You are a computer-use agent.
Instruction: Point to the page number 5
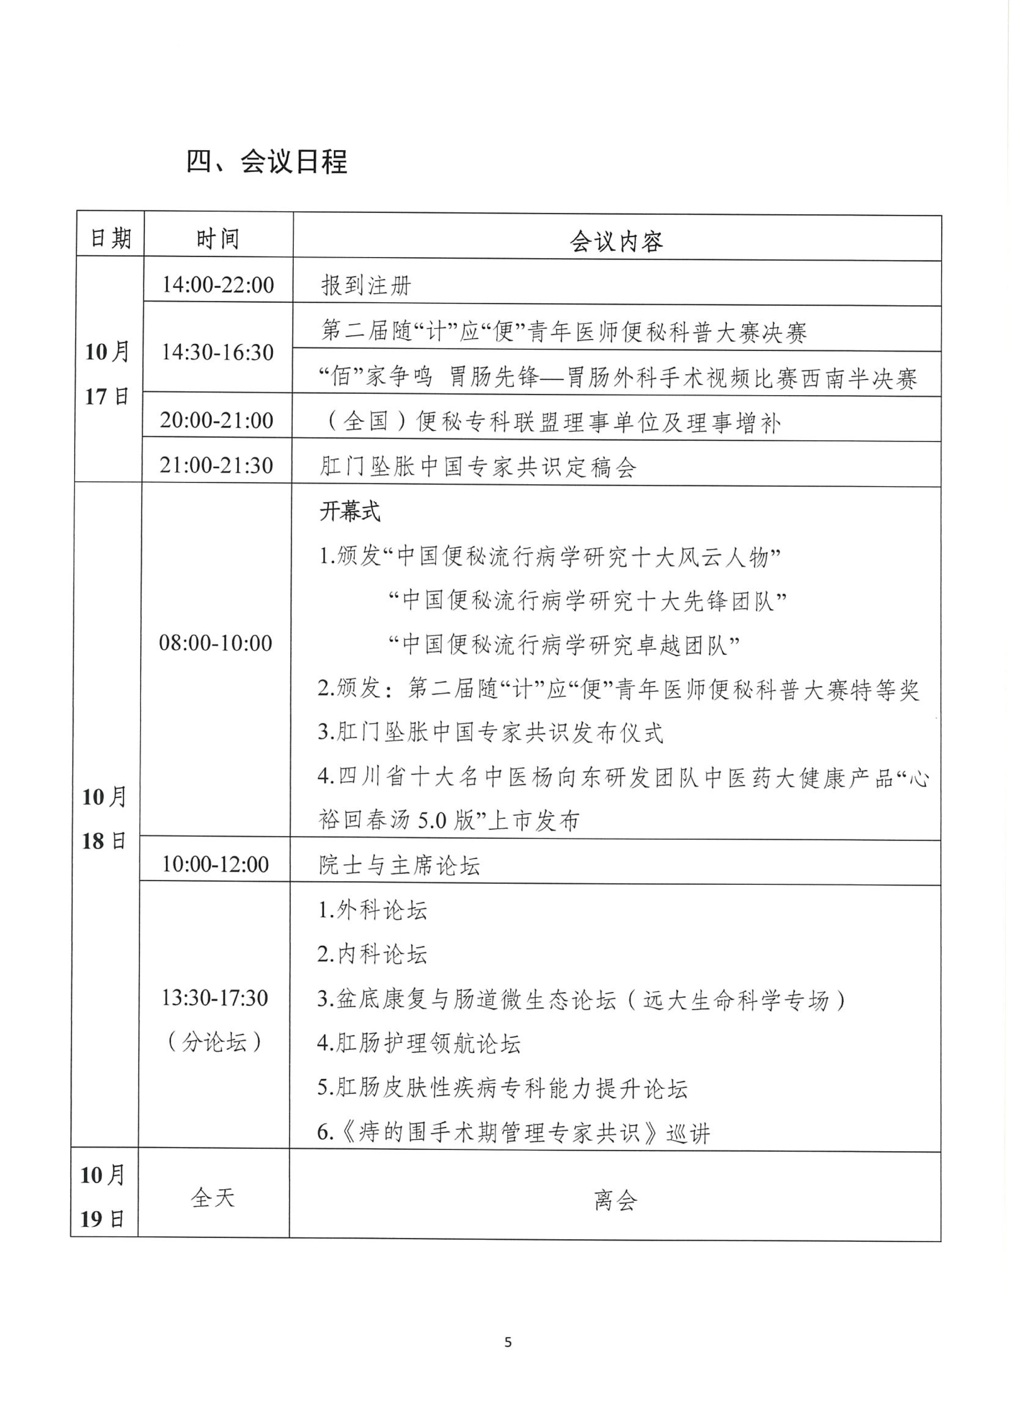click(508, 1342)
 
